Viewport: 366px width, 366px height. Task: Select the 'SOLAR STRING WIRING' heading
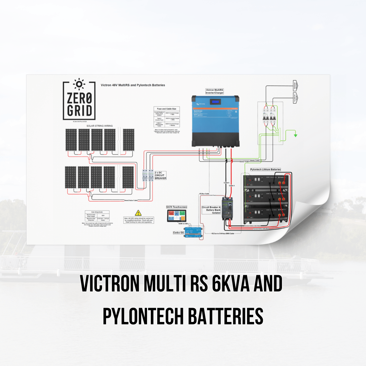coord(99,126)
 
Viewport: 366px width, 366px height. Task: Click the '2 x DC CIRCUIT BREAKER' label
coord(161,175)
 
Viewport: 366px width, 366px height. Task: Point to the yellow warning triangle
coord(138,213)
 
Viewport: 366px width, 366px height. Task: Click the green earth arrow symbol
coord(296,136)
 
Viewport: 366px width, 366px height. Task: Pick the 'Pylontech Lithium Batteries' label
coord(265,169)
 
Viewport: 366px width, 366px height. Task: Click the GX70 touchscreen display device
coord(177,216)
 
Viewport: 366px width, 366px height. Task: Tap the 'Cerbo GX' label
coord(178,232)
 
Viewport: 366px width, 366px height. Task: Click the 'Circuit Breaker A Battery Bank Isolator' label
coord(211,210)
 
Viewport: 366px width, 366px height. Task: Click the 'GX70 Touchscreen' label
coord(176,207)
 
